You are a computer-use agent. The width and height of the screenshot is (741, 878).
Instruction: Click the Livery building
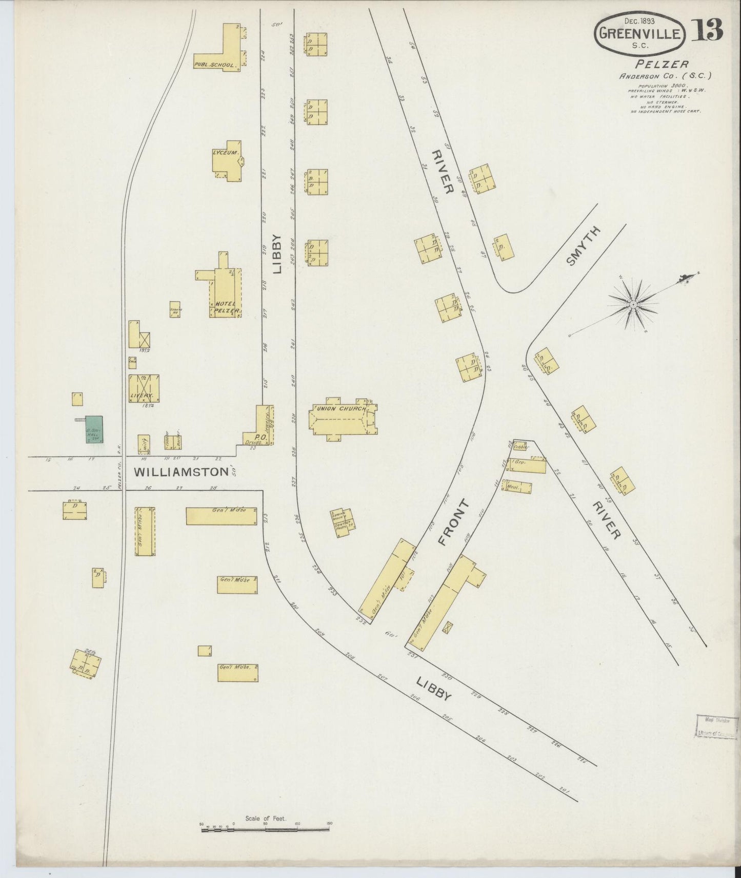pyautogui.click(x=144, y=388)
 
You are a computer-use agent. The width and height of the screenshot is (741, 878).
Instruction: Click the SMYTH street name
pyautogui.click(x=583, y=246)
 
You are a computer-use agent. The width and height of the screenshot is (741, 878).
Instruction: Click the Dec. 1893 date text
pyautogui.click(x=639, y=20)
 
